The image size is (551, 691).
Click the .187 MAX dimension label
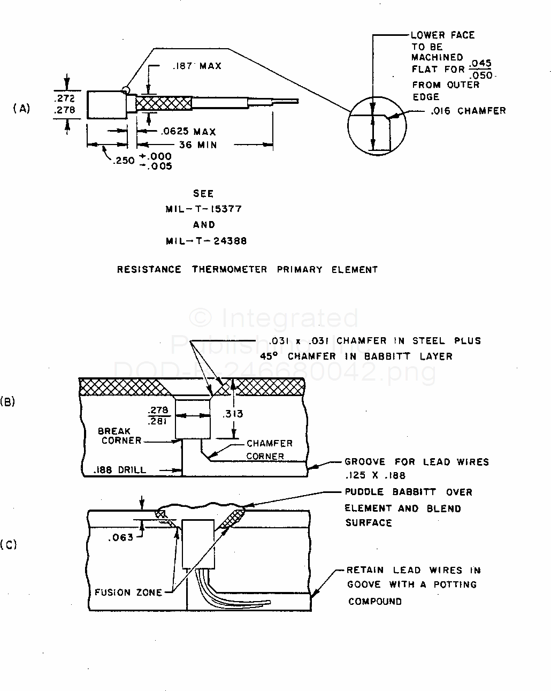[197, 66]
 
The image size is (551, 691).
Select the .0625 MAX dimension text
[189, 131]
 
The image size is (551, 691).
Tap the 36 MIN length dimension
[198, 145]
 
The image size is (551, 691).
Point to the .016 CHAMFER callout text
[468, 111]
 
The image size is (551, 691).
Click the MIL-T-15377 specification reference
[203, 209]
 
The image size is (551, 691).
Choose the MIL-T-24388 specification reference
[206, 241]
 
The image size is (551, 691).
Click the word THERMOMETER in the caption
[229, 269]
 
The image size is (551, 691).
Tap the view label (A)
[21, 108]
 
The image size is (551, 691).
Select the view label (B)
[7, 401]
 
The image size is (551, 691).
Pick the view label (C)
[9, 545]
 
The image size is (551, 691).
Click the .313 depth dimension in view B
[233, 414]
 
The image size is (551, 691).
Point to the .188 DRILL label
[119, 470]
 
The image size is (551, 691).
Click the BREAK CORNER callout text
[120, 436]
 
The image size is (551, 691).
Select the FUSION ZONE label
[128, 593]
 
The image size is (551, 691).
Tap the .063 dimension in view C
[121, 537]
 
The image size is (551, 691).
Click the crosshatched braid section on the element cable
[164, 103]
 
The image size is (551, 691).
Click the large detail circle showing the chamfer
[348, 126]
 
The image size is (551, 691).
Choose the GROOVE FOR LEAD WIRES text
[417, 462]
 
